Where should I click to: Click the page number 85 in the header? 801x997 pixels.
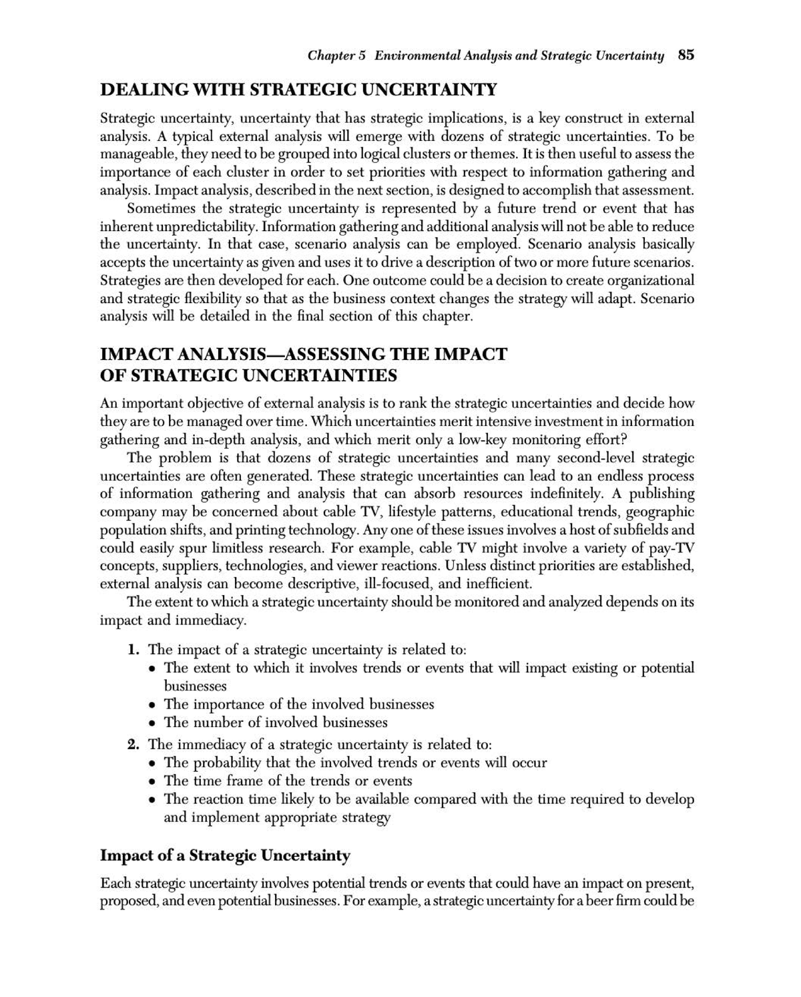686,55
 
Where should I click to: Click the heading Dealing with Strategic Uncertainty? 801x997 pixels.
298,89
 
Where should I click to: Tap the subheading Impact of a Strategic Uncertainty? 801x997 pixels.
225,855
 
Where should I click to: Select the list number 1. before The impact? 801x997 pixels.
134,649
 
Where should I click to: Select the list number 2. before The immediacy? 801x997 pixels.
134,744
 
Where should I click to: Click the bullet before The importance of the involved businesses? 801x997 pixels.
154,705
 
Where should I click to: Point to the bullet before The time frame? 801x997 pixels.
154,782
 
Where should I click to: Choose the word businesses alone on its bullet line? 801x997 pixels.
195,686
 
